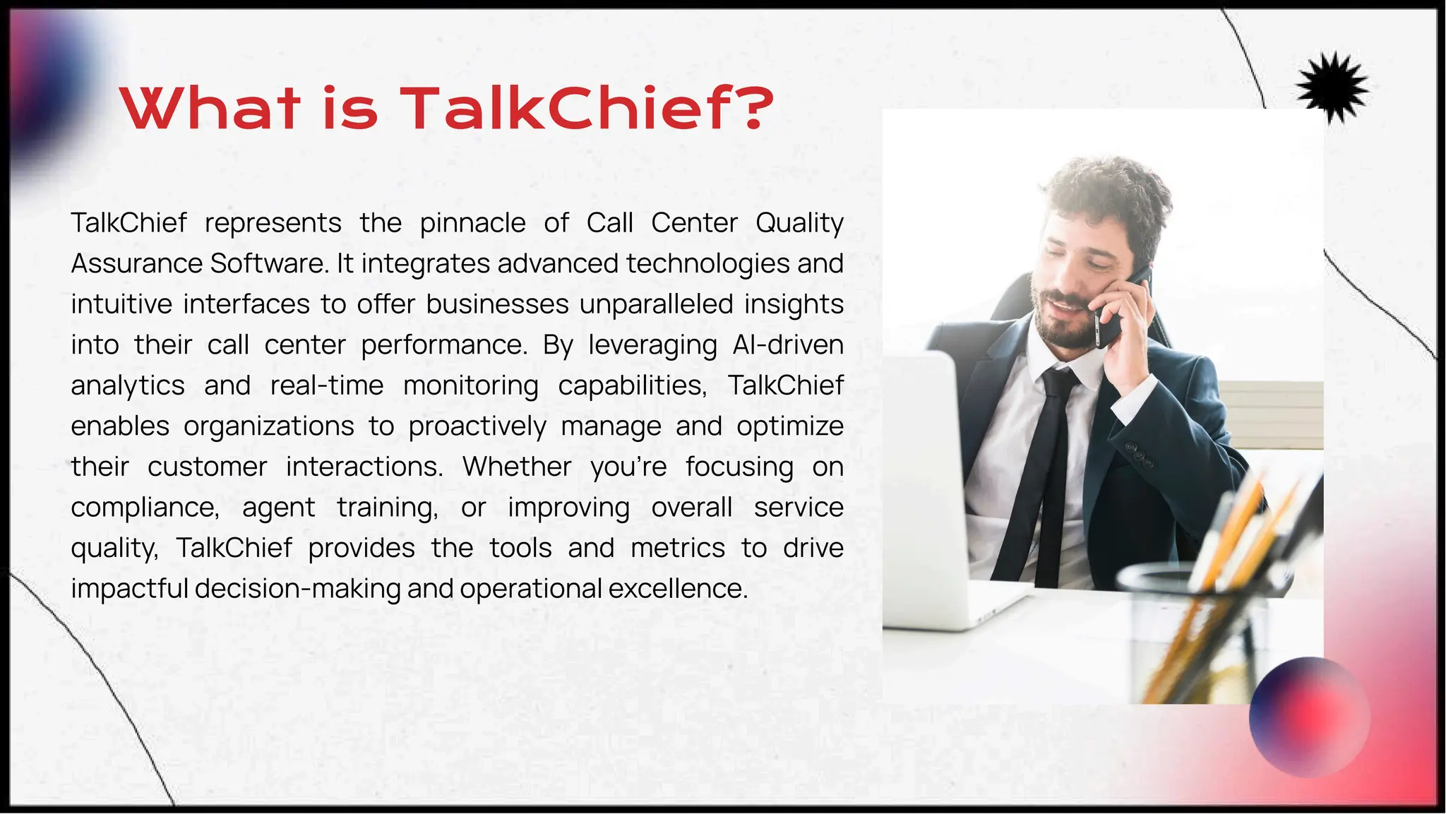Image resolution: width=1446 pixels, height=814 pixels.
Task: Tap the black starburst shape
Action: pos(1332,88)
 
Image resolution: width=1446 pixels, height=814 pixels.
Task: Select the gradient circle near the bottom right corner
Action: pos(1309,717)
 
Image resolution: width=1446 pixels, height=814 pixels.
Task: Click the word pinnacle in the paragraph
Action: pos(472,223)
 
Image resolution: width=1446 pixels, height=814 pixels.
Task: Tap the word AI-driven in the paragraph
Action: pos(788,345)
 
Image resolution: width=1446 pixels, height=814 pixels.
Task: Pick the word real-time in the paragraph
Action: pos(327,385)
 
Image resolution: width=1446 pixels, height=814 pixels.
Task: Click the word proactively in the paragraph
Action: pos(477,426)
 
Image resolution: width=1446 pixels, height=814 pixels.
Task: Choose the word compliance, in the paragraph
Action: pos(145,508)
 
